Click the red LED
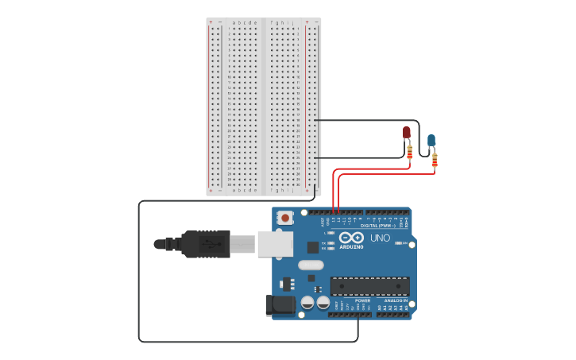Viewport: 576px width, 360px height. point(407,132)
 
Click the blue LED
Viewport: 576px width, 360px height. point(431,141)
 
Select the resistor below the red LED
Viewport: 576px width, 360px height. point(409,151)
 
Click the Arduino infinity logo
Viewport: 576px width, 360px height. point(351,238)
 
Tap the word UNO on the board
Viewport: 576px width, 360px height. point(380,238)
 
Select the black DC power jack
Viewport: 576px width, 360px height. point(275,304)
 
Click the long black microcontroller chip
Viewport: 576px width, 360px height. point(369,285)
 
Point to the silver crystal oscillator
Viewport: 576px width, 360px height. point(311,265)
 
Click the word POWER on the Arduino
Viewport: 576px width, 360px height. point(362,300)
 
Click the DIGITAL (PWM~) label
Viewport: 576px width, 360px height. point(380,226)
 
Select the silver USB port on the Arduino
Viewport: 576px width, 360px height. point(275,244)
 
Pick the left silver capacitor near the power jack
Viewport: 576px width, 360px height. point(307,303)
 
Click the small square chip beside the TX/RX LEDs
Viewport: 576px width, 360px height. point(312,246)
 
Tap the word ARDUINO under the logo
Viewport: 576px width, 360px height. point(351,246)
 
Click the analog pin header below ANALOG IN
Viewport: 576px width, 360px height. point(392,315)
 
